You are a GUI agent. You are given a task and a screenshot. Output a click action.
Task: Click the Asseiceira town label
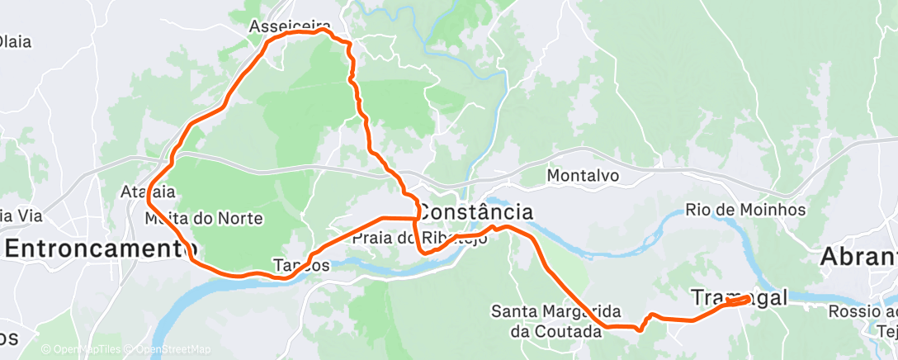coord(290,26)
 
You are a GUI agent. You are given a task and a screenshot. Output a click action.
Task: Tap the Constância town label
coord(475,211)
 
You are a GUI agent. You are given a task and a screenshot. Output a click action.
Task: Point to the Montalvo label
coord(583,175)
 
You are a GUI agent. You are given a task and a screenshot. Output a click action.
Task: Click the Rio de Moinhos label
coord(745,210)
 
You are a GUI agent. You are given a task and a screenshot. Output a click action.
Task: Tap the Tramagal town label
coord(738,297)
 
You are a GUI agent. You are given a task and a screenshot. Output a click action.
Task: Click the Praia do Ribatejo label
coord(419,238)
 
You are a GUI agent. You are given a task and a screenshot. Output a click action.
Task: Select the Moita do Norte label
coord(203,219)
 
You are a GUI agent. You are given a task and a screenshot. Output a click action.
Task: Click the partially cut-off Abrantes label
coord(858,257)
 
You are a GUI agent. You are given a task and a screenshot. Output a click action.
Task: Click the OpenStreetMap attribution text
coord(169,349)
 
